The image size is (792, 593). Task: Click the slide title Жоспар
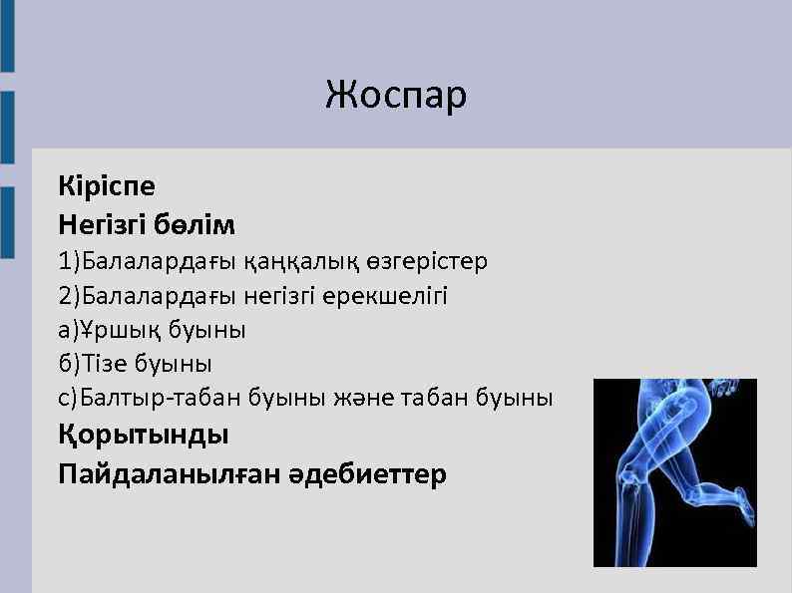pyautogui.click(x=396, y=96)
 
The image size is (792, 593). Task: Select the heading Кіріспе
pyautogui.click(x=107, y=186)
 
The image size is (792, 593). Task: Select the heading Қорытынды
pyautogui.click(x=144, y=436)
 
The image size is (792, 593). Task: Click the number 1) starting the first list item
pyautogui.click(x=69, y=262)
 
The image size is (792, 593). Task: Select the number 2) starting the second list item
pyautogui.click(x=69, y=296)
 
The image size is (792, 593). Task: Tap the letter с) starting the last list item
pyautogui.click(x=68, y=398)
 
